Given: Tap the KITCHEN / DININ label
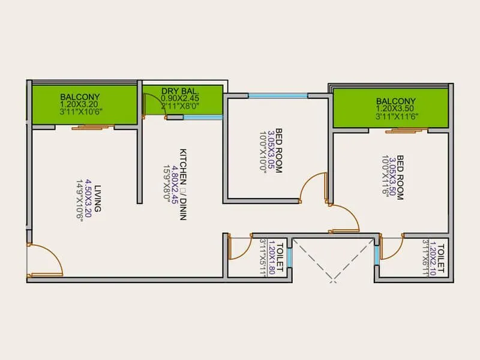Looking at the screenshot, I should coord(183,184).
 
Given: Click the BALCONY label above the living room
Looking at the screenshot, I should coord(80,97).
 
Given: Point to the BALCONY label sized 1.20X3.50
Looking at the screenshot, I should coord(395,101).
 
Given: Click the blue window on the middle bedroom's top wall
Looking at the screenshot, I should coord(278,95).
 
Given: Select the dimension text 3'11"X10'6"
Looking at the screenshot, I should coord(80,112).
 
